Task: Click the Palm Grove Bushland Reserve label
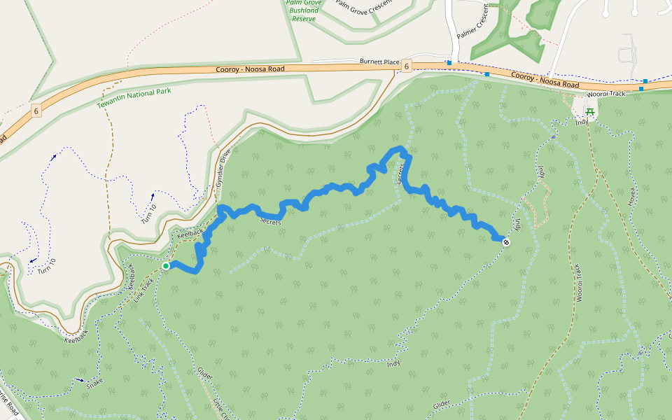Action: [x=304, y=10]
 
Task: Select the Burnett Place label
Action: [x=379, y=62]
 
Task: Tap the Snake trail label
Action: [x=94, y=384]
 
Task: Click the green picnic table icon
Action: [x=589, y=111]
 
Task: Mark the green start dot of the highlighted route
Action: [x=166, y=266]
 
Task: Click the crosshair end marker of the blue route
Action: [x=506, y=242]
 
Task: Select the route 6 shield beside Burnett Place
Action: [x=407, y=65]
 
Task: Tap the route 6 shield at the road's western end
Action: [x=35, y=111]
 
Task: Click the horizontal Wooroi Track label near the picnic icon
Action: [x=605, y=93]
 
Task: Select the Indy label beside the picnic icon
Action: [x=581, y=122]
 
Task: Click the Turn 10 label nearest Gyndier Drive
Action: [x=149, y=209]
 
